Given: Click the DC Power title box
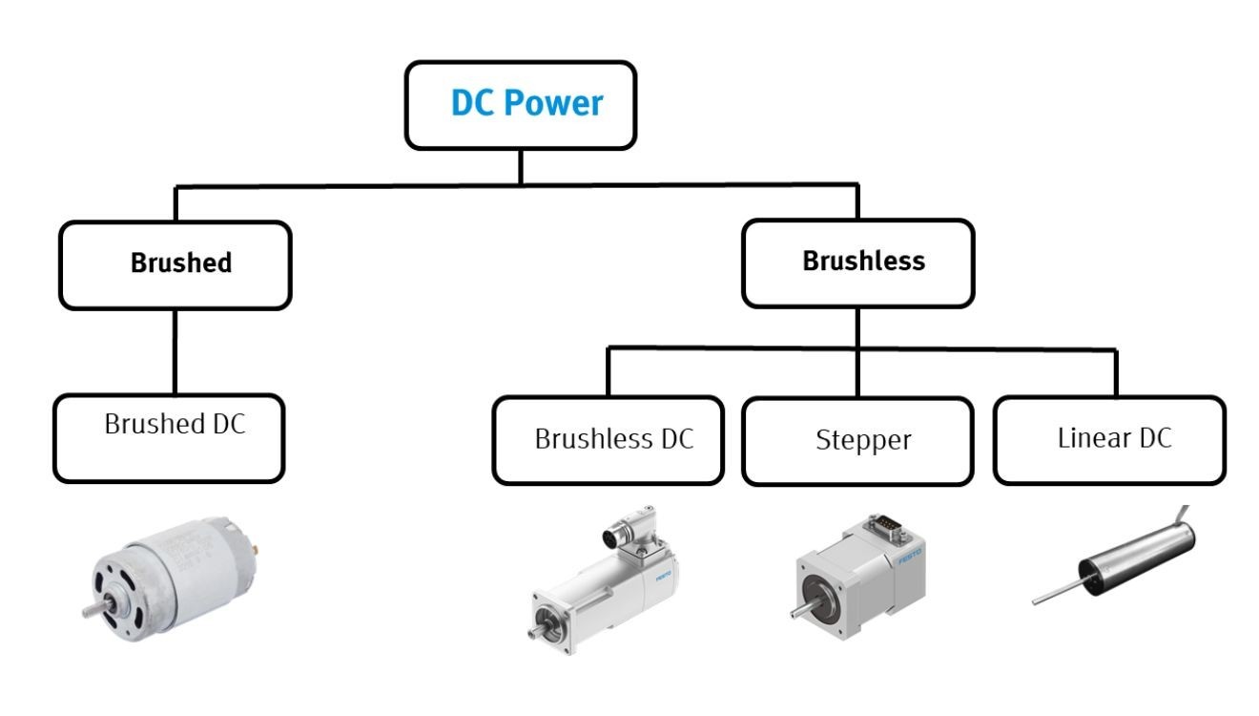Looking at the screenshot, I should [x=520, y=105].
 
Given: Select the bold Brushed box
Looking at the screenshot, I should [x=175, y=264].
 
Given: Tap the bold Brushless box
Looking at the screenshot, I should [x=857, y=263].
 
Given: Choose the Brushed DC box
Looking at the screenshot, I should [x=169, y=438].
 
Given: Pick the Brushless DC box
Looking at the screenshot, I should [x=608, y=441].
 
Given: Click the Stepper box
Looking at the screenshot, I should [x=857, y=441].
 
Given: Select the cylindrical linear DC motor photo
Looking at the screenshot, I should [x=1116, y=558].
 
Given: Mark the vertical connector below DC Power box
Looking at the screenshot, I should [x=520, y=166].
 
